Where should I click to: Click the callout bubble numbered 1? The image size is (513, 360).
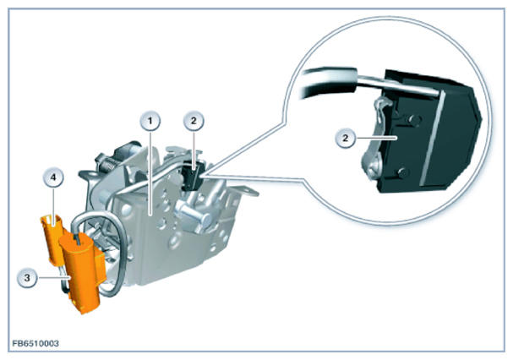point(150,122)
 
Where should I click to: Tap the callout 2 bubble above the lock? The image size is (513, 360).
point(194,121)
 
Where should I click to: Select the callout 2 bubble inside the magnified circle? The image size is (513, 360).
point(345,138)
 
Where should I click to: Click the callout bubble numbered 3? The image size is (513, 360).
point(27,278)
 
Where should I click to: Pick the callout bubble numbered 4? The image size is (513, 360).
point(53,177)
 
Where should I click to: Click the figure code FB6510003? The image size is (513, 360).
point(35,343)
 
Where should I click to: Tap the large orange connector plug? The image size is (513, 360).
point(83,272)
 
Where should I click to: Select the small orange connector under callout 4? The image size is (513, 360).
point(52,237)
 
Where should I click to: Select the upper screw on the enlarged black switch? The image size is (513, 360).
point(414,120)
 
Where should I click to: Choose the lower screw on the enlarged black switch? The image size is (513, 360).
point(403,172)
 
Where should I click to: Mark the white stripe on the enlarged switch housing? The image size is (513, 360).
point(431,138)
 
